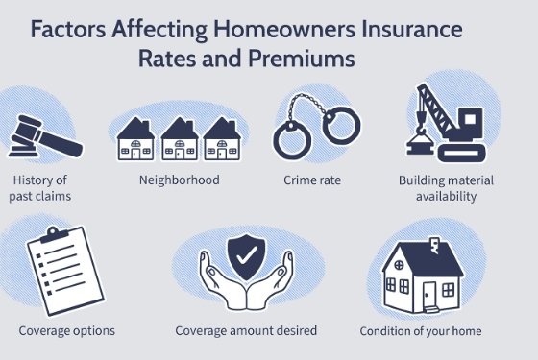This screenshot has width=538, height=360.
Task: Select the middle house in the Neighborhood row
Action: point(180,139)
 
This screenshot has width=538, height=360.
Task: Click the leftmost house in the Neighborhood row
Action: point(135,139)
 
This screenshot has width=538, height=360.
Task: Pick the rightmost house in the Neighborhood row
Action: point(222,139)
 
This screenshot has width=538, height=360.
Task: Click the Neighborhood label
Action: point(180,180)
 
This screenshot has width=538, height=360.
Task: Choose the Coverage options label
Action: point(67,330)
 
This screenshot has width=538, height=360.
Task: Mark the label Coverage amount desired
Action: point(246,330)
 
